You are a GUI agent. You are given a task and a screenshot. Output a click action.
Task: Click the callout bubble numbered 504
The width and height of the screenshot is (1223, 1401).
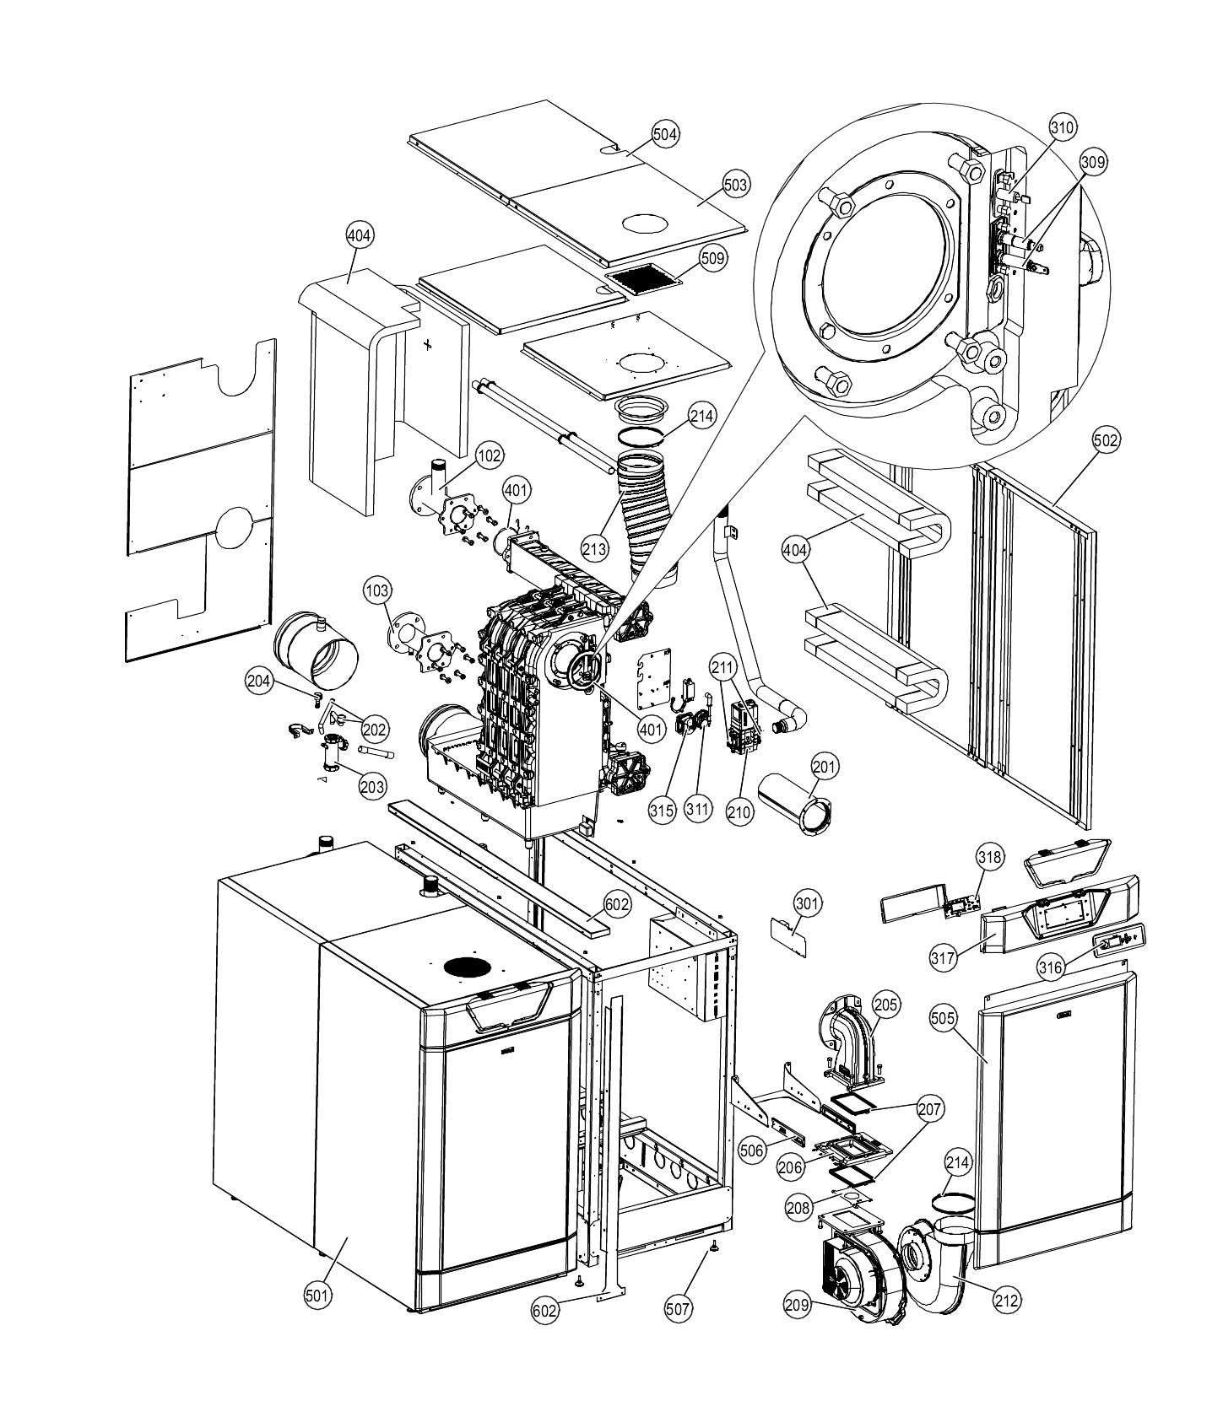click(x=665, y=133)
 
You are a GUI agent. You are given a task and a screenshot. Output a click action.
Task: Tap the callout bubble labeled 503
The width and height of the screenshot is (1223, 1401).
click(x=735, y=184)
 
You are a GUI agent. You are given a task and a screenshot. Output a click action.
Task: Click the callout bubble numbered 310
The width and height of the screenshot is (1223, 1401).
click(x=1062, y=127)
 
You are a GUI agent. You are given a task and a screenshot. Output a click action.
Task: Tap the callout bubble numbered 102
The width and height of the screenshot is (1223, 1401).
click(x=489, y=455)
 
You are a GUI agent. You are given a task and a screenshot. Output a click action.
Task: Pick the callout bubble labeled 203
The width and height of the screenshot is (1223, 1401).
click(x=371, y=786)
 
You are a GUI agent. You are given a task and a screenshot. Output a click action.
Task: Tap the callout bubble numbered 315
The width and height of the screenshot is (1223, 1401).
click(x=663, y=811)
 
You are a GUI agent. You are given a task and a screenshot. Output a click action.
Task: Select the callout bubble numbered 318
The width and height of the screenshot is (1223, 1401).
click(x=989, y=859)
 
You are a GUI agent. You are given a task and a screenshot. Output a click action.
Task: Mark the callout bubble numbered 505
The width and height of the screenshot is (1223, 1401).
click(x=944, y=1018)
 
